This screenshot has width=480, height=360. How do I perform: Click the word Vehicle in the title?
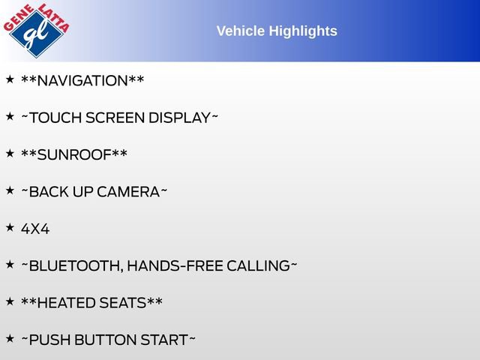click(x=239, y=31)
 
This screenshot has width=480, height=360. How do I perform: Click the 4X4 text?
click(x=35, y=229)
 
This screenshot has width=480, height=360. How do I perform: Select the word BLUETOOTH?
click(x=73, y=265)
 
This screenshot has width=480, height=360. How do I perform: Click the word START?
click(x=164, y=340)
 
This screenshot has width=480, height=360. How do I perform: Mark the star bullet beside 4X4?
click(x=10, y=226)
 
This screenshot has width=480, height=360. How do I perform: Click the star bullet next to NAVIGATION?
click(x=10, y=79)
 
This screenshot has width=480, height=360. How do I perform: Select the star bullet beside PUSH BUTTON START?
click(x=10, y=337)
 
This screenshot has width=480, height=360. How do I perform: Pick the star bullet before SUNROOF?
click(x=10, y=153)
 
